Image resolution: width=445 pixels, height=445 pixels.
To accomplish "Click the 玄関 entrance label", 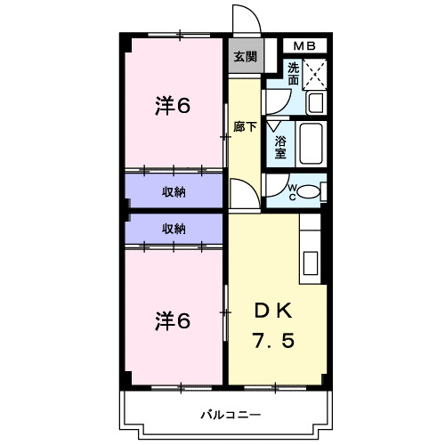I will click(x=246, y=56).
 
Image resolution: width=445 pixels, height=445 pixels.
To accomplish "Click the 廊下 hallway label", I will click(x=246, y=126).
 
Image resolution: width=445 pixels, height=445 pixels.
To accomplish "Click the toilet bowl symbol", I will click(x=305, y=190).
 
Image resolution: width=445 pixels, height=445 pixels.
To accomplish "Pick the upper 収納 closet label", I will click(x=174, y=191).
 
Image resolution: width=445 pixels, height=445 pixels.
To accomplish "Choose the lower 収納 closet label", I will click(x=174, y=229).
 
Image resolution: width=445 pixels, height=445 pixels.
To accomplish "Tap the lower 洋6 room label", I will click(x=173, y=320).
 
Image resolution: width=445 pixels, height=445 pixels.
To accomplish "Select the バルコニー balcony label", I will click(x=230, y=415).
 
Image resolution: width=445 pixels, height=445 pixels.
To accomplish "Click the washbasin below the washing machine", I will click(x=313, y=103).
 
